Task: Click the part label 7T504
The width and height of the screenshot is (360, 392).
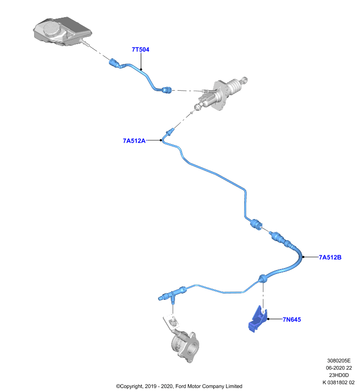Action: point(140,49)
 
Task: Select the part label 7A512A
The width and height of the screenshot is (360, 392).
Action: point(134,141)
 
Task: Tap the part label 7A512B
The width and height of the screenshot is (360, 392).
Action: point(330,257)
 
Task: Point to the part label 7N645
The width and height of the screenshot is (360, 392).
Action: point(292,319)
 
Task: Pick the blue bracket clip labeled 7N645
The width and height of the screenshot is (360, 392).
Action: point(257,319)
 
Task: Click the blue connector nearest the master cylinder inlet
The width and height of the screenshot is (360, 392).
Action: point(167,90)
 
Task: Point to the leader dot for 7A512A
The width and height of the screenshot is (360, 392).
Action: point(160,140)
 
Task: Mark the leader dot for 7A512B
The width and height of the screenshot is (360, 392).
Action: point(303,257)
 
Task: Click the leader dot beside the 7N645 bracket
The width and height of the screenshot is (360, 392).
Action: point(268,319)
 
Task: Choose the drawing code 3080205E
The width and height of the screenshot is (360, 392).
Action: point(339,361)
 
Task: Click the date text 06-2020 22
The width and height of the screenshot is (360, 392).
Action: point(339,368)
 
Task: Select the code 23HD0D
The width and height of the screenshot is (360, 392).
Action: point(339,375)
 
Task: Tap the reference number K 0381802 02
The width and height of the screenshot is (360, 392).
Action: point(338,383)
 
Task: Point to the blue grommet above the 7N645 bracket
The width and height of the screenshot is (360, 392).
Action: point(263,278)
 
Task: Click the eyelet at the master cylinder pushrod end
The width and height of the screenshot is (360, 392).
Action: point(245,80)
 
